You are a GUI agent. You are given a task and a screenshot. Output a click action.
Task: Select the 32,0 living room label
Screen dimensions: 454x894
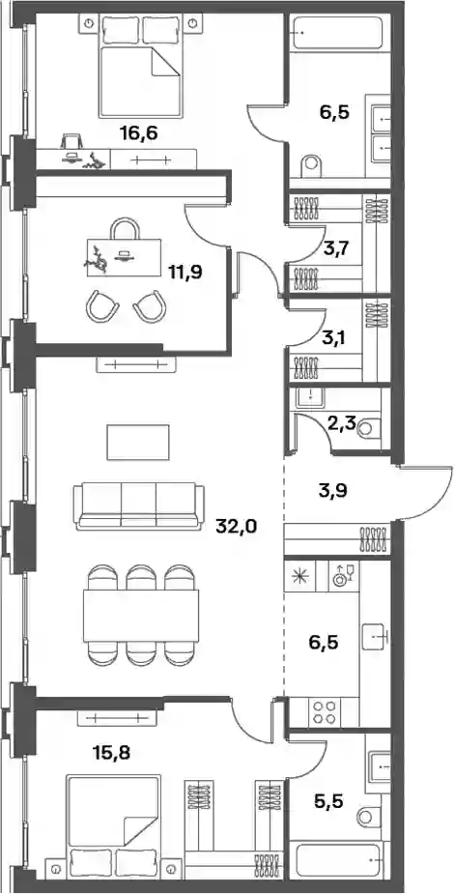tap(237, 525)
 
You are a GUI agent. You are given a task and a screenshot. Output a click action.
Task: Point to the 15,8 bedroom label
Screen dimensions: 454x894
tap(112, 753)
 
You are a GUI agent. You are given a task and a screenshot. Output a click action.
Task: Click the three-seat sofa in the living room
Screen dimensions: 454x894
tap(140, 505)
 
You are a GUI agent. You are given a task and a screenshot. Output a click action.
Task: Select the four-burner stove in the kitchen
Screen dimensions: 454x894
tap(324, 712)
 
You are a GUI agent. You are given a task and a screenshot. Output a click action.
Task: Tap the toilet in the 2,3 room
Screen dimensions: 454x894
tap(370, 427)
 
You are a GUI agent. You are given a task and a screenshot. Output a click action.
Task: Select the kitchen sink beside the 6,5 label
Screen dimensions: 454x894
tap(374, 633)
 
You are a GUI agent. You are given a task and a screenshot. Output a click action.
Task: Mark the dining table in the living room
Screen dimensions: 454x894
tap(141, 616)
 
